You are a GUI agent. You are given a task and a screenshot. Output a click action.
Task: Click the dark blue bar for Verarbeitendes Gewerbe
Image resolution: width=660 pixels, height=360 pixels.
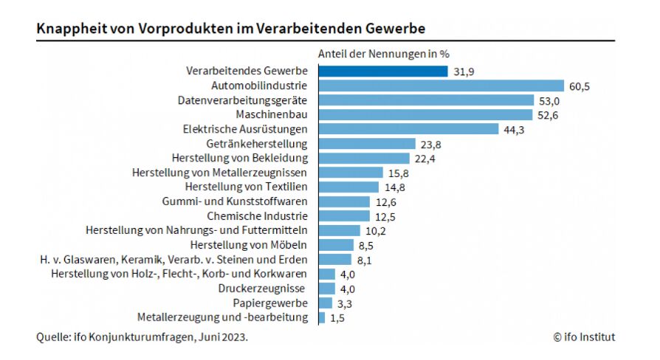[382, 72]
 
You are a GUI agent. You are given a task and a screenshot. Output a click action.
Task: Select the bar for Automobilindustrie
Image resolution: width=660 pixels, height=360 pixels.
[441, 86]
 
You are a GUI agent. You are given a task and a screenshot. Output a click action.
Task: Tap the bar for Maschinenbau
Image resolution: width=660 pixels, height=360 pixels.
[425, 114]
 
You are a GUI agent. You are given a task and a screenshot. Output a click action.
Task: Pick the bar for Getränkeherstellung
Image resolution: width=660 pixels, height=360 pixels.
[367, 143]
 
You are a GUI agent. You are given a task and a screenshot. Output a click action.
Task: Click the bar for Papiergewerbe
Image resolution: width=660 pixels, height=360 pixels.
[325, 302]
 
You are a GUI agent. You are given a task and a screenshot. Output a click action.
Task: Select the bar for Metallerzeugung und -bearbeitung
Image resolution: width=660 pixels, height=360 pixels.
[321, 317]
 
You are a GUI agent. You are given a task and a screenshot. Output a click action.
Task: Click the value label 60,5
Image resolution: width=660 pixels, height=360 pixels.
[580, 86]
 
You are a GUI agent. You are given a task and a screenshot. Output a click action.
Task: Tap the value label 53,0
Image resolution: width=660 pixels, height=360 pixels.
[549, 100]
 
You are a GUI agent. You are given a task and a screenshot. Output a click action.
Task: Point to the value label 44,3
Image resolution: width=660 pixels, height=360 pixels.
[514, 129]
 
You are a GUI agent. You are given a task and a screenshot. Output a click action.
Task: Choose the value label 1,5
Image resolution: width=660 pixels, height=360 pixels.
[337, 318]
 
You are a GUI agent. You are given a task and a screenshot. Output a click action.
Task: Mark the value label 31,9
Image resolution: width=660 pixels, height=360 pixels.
[463, 72]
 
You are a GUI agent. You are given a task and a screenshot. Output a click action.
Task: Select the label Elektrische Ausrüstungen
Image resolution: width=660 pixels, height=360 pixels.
[244, 129]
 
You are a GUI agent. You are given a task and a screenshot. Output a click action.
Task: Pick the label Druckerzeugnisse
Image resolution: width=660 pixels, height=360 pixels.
[262, 288]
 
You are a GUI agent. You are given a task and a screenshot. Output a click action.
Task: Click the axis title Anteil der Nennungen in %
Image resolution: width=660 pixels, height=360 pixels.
[383, 54]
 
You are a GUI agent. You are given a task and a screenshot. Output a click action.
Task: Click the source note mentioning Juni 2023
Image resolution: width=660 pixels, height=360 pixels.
[142, 337]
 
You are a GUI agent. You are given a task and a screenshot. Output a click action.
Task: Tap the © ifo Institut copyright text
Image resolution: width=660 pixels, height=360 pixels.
[583, 337]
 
